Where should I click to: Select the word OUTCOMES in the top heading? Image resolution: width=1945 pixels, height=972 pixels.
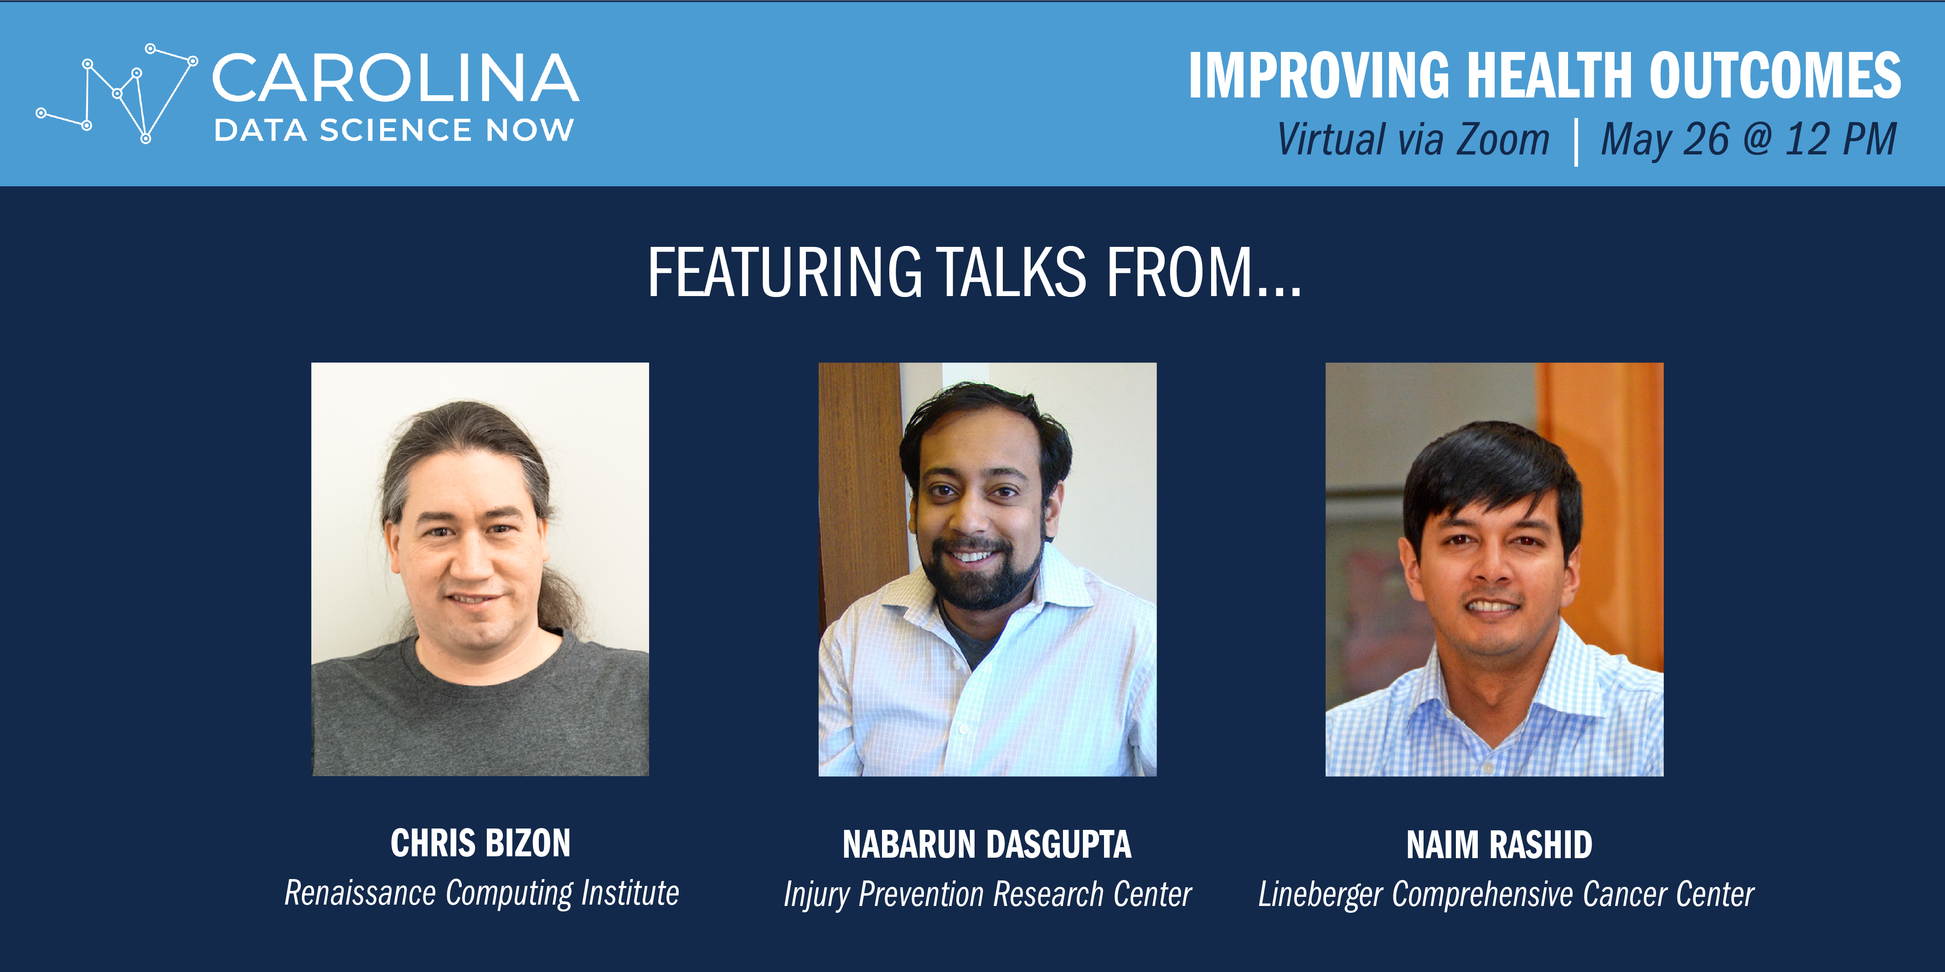click(1775, 76)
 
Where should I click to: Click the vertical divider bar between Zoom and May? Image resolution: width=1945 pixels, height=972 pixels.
click(1576, 141)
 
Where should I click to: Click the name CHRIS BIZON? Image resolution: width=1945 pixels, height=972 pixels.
click(480, 843)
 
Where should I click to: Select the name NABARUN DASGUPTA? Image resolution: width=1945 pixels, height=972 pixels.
click(987, 844)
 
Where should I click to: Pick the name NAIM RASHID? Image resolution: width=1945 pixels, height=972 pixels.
click(1499, 844)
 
